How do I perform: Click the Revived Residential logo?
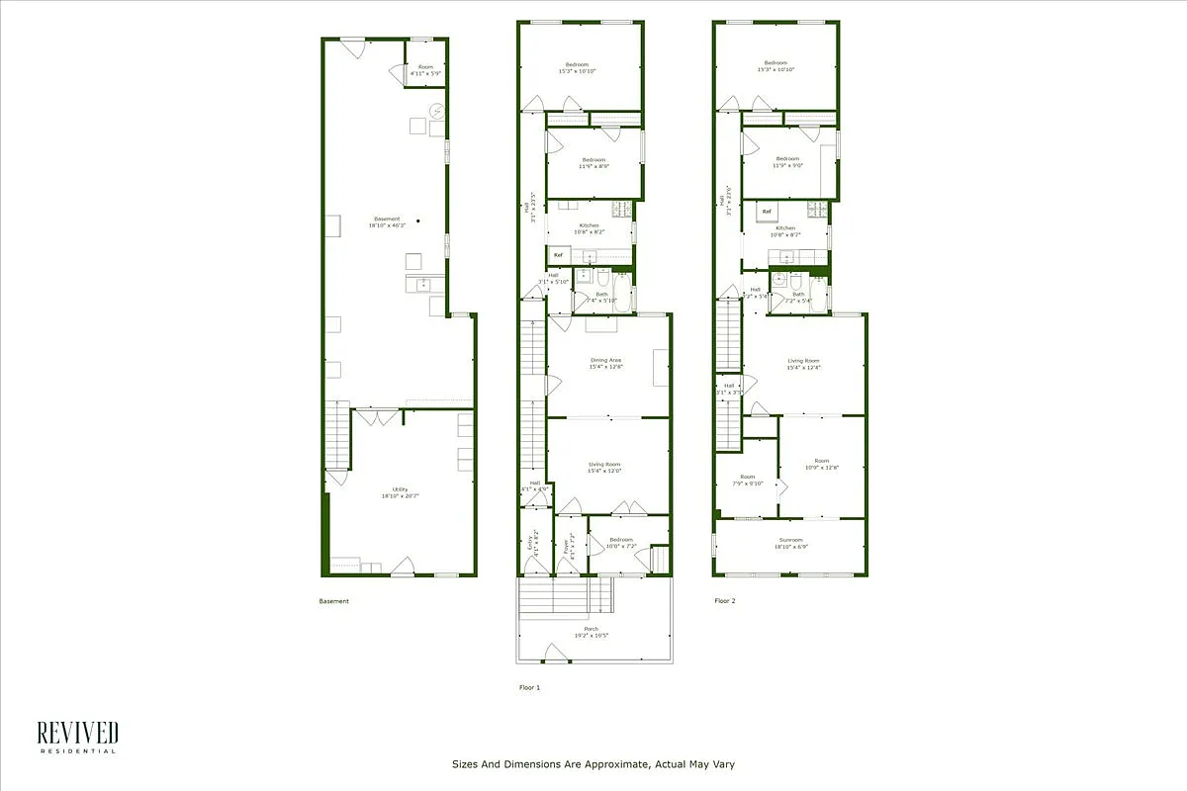coord(77,737)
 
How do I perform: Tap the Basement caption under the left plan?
coord(333,601)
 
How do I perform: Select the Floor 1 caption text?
coord(530,686)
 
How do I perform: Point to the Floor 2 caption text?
coord(725,600)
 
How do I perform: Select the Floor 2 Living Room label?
coord(803,364)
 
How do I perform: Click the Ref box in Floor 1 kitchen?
coord(558,255)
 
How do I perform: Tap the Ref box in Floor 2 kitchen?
coord(767,212)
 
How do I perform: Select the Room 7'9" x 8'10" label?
coord(747,480)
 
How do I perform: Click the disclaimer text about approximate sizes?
coord(593,763)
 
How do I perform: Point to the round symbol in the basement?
coord(437,111)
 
